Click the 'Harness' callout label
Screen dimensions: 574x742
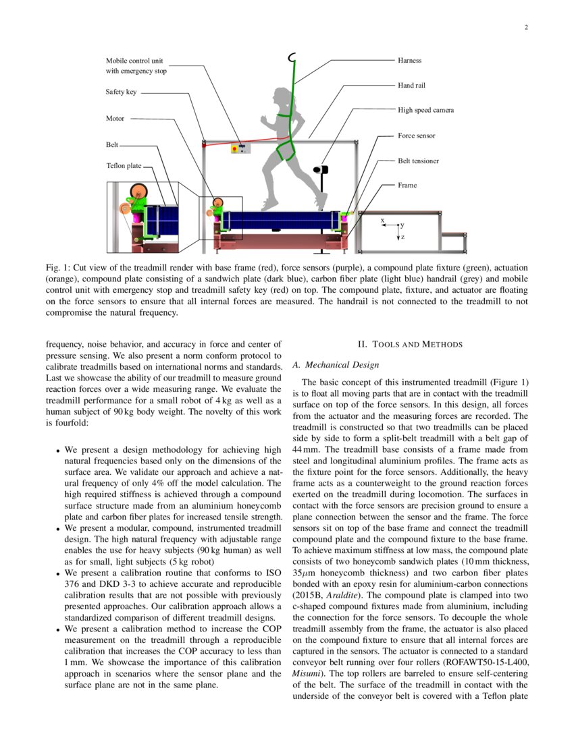(x=409, y=60)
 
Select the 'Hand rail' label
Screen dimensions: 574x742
(x=411, y=86)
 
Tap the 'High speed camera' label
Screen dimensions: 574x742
(x=425, y=109)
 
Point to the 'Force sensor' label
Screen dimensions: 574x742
(x=416, y=136)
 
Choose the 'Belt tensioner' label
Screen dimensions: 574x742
(x=418, y=161)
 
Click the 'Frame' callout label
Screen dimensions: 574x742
(x=407, y=185)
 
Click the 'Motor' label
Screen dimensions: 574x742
(x=115, y=118)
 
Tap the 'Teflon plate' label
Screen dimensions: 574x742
(x=124, y=165)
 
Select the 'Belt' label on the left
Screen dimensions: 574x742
(x=112, y=144)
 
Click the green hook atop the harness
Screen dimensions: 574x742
(x=292, y=58)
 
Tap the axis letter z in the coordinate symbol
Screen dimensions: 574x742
(x=403, y=237)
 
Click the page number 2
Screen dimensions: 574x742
(x=525, y=28)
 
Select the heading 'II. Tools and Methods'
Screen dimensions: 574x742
(x=410, y=345)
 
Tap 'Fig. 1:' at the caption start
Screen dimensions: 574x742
(x=58, y=268)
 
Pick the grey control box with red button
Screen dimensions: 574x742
(x=240, y=148)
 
